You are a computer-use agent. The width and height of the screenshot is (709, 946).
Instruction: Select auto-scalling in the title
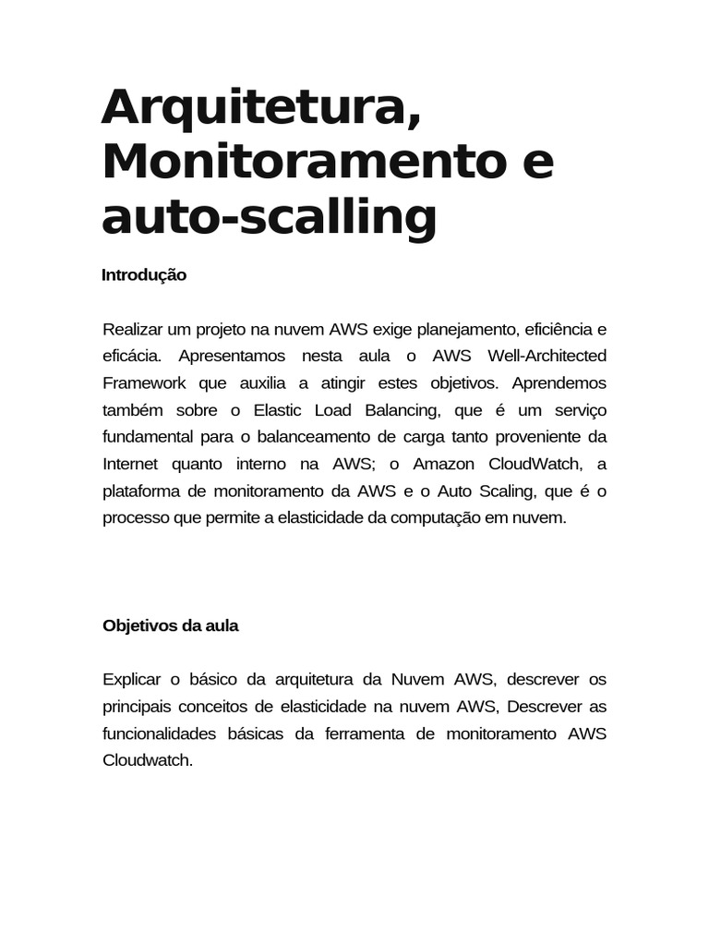point(269,216)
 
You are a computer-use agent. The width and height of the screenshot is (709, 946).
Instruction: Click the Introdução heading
point(144,275)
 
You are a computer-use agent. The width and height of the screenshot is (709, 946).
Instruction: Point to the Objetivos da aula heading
point(170,625)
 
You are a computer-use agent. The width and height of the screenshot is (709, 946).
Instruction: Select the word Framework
point(144,383)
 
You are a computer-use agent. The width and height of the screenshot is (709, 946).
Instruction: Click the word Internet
point(130,464)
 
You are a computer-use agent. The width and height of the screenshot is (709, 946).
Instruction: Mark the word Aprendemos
point(559,383)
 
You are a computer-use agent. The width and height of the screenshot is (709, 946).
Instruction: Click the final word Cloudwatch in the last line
point(148,761)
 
